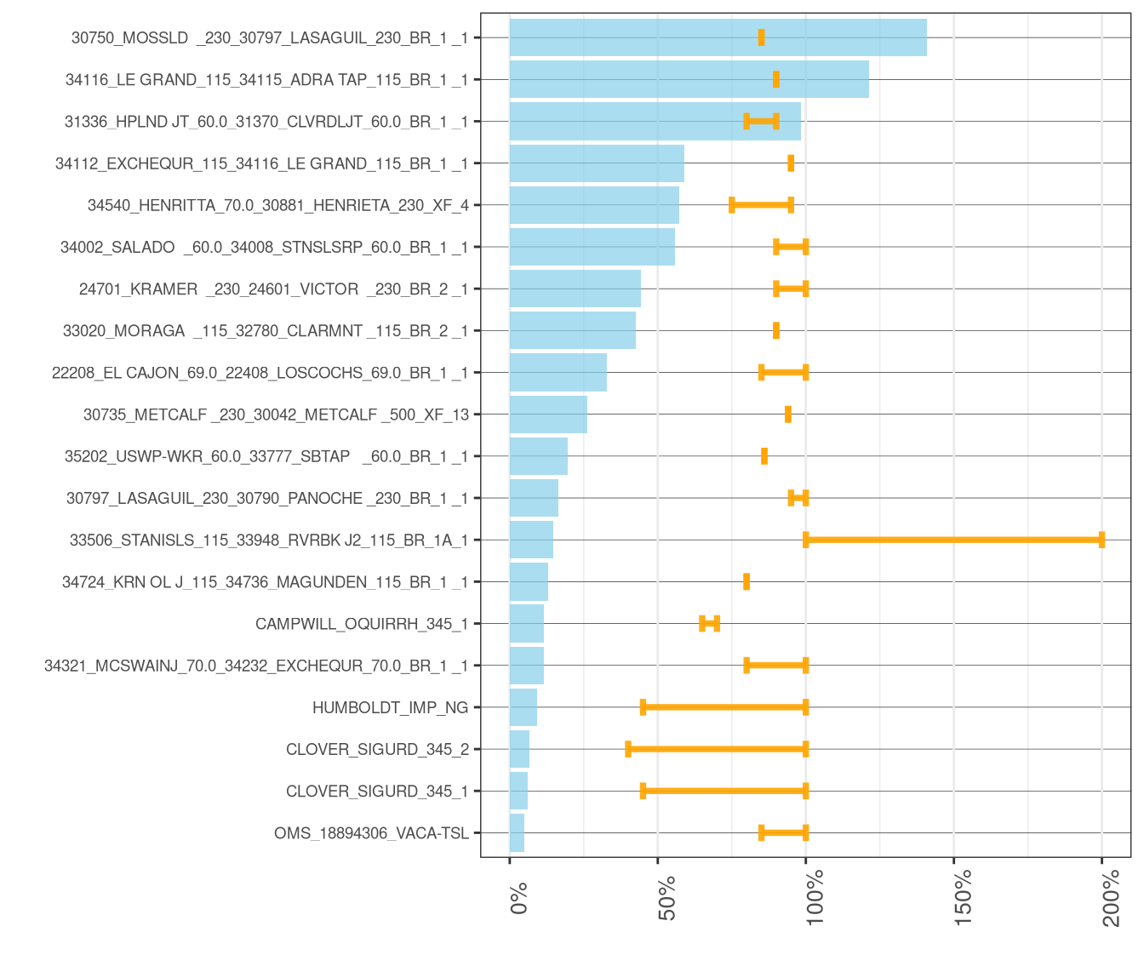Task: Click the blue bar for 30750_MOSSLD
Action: pos(718,37)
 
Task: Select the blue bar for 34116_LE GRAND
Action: pos(689,79)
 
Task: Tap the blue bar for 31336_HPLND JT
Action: pos(655,121)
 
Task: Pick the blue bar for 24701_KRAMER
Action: pos(575,289)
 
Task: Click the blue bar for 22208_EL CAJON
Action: pos(558,373)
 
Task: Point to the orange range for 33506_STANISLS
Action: pos(953,540)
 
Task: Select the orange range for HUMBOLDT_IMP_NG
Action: pos(724,706)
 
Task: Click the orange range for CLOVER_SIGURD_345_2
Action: pos(717,749)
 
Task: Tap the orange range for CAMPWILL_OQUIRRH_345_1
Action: pos(710,623)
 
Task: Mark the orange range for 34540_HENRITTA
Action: pos(762,205)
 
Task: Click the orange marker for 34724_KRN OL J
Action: pos(746,582)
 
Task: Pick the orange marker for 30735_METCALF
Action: pos(788,414)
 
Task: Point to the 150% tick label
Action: pos(963,897)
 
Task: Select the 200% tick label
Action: pos(1112,898)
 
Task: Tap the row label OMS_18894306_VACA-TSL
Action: pos(371,833)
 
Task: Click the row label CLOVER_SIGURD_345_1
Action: pos(377,792)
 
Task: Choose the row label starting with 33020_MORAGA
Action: pos(266,331)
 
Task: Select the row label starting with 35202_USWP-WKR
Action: pos(266,456)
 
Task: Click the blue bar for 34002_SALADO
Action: pos(592,247)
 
